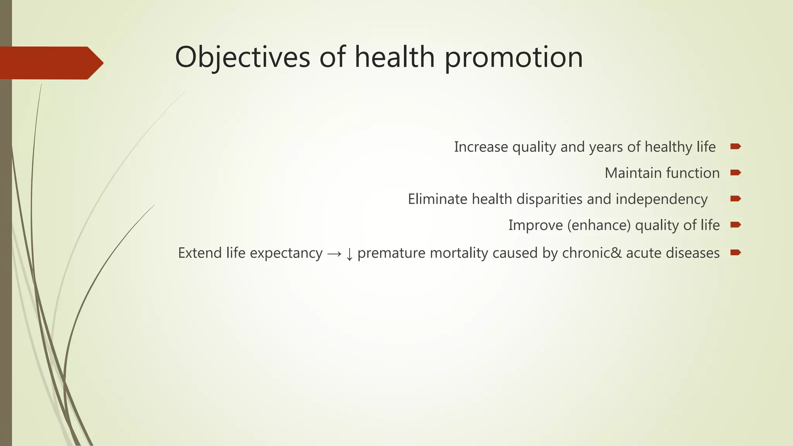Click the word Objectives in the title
tap(242, 57)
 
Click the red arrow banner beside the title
tap(50, 63)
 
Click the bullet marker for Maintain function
tap(735, 173)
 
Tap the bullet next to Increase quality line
tap(735, 146)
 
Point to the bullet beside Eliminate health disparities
tap(735, 199)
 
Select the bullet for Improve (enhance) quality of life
tap(735, 225)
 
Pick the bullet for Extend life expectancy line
tap(735, 252)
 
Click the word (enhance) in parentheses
tap(599, 225)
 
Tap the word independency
tap(661, 199)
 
